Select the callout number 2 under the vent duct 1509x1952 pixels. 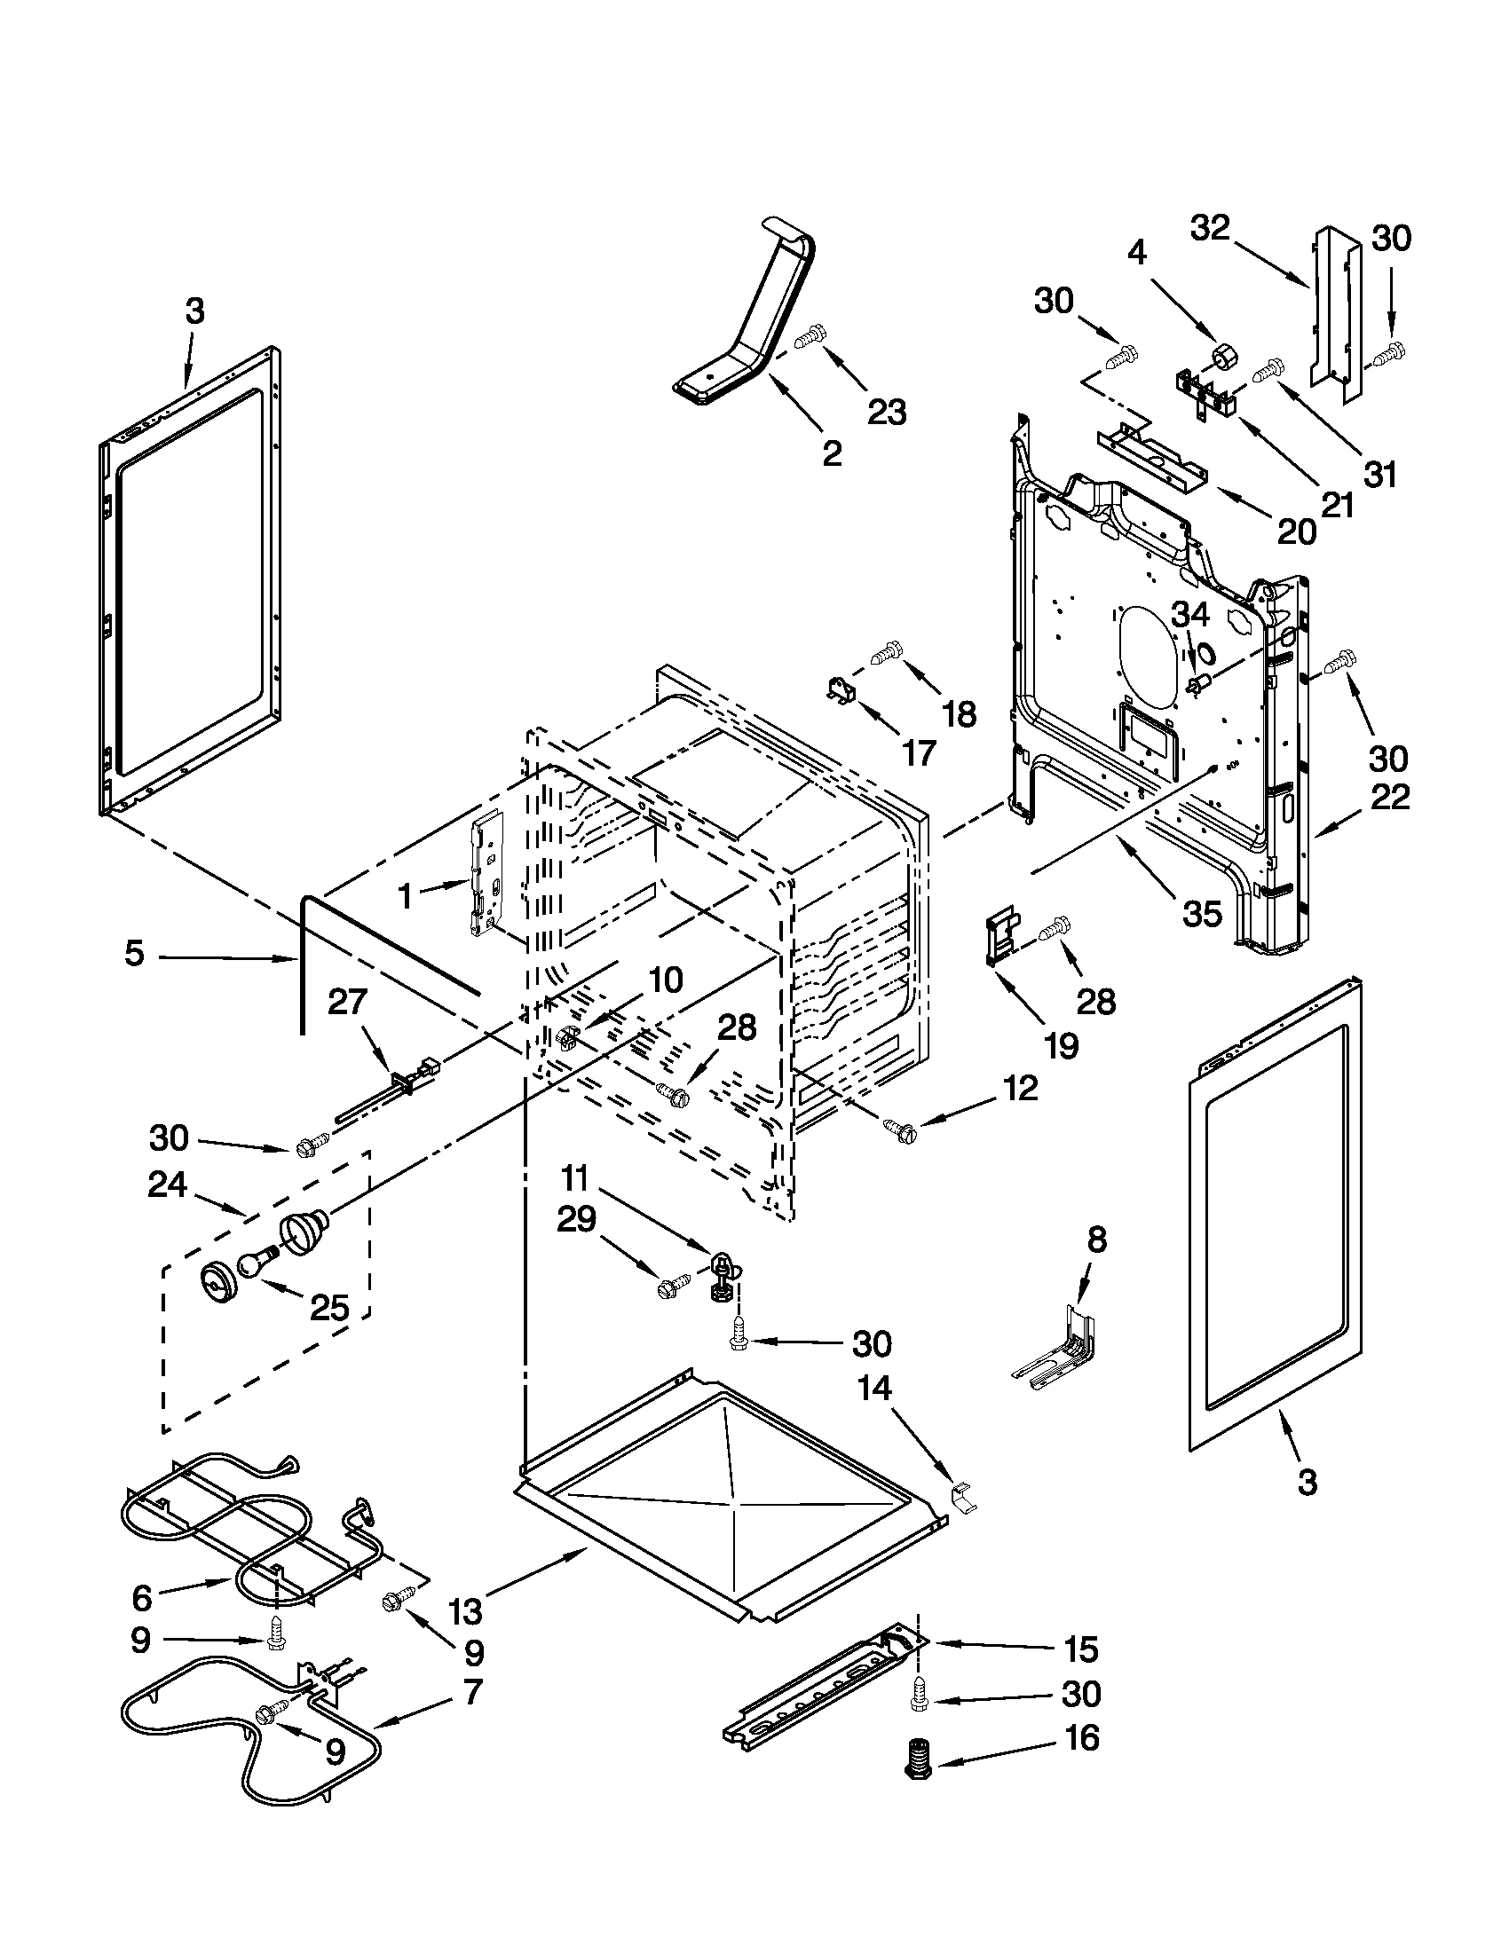point(832,454)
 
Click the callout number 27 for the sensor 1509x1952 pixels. point(348,1002)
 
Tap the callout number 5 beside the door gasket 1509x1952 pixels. point(134,954)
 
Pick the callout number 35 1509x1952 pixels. point(1202,912)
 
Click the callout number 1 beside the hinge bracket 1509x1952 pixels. point(405,894)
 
